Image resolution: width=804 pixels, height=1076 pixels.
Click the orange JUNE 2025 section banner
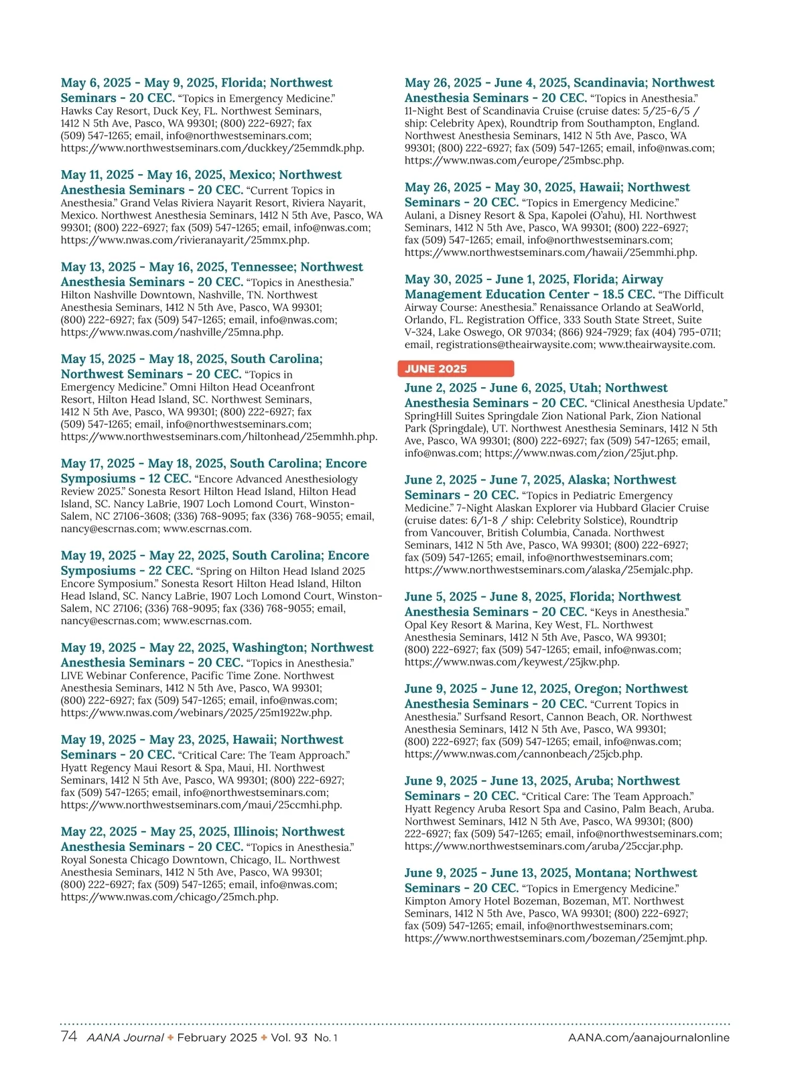point(455,368)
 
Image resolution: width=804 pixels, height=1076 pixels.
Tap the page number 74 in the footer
point(68,1036)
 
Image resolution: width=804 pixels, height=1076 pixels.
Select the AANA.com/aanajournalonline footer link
point(649,1037)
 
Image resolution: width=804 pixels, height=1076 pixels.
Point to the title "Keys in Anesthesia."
point(639,612)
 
